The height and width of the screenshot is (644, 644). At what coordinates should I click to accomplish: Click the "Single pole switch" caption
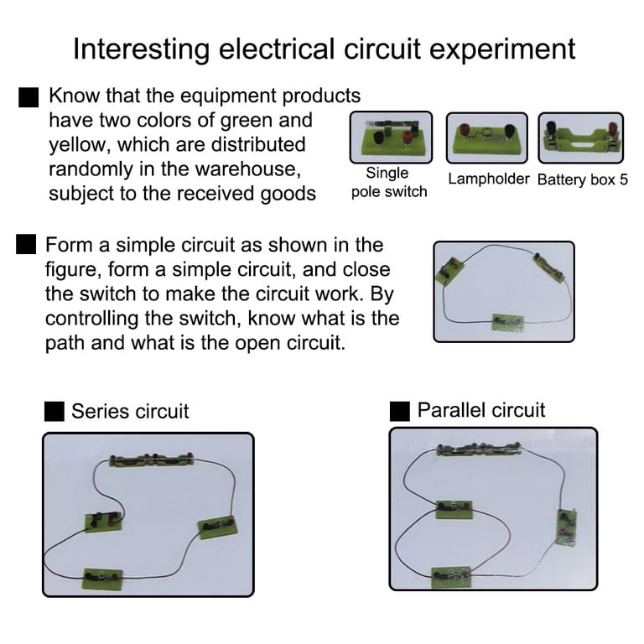click(388, 182)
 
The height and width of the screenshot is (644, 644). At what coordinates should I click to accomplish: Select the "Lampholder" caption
click(489, 179)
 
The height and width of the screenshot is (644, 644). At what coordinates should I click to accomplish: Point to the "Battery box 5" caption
click(583, 179)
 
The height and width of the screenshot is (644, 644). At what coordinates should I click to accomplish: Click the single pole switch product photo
click(391, 138)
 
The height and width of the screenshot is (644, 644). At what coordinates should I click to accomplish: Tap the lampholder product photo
click(486, 138)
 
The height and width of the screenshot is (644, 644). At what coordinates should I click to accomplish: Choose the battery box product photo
click(581, 138)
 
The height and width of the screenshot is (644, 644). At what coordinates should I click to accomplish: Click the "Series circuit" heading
click(130, 411)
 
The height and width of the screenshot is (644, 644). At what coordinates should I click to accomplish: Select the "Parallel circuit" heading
click(481, 410)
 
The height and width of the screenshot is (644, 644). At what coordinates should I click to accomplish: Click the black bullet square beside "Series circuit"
click(55, 411)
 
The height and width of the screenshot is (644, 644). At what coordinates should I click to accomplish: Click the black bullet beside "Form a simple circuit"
click(26, 246)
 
